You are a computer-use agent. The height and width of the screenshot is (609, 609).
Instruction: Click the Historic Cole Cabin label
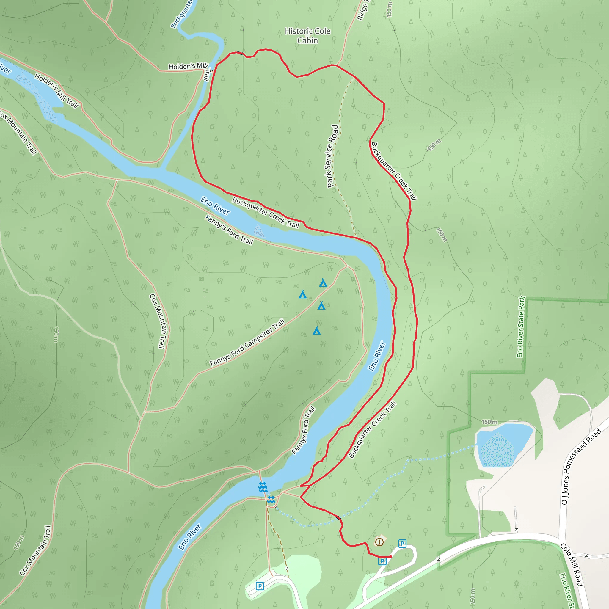coord(307,36)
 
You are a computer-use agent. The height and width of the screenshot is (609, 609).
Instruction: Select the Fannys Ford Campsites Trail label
coord(247,342)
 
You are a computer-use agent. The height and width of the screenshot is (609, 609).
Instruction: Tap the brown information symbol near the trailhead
coord(379,542)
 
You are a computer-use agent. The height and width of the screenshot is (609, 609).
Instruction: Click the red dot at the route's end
coord(390,557)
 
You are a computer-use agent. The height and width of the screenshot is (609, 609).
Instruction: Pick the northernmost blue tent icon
coord(323,283)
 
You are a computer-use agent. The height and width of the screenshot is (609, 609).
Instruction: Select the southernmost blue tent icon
coord(316,331)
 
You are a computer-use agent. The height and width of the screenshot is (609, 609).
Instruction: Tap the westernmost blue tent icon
coord(303,294)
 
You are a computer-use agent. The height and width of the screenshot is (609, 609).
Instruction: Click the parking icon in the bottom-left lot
coord(260,586)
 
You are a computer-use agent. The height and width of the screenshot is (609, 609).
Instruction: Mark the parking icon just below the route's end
coord(382,561)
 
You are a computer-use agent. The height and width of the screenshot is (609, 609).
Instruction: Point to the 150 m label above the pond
coord(489,422)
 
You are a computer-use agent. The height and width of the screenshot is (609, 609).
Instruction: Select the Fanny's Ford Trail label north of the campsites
coord(229,230)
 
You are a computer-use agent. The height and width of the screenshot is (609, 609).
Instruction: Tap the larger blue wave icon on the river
coord(263,487)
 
